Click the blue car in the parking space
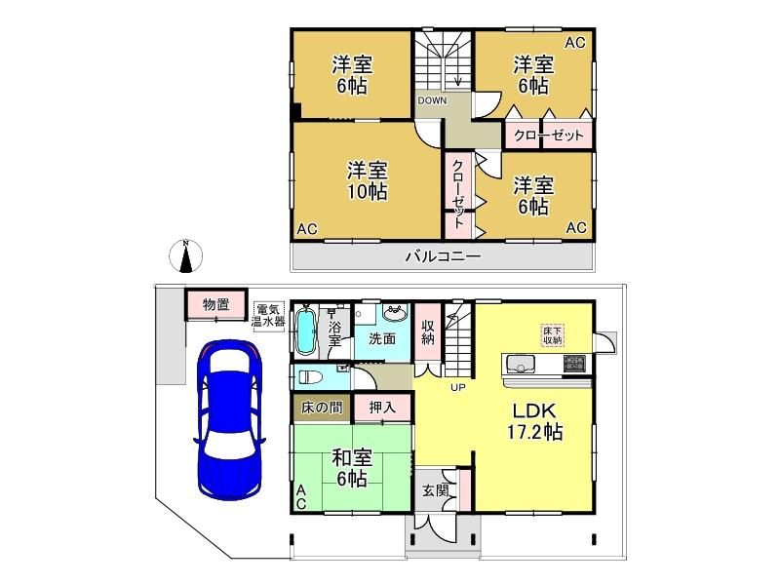click(x=229, y=419)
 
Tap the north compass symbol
click(x=185, y=256)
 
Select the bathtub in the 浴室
click(x=305, y=331)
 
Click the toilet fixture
click(x=309, y=376)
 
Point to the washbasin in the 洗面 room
click(x=396, y=313)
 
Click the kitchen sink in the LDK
click(x=521, y=365)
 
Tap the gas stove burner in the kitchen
click(x=574, y=363)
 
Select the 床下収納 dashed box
click(x=553, y=335)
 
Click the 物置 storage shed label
click(x=215, y=304)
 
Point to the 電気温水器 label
click(x=268, y=315)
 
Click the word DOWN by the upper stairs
click(x=432, y=100)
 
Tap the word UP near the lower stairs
click(x=458, y=386)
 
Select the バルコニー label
click(x=444, y=256)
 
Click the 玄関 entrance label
click(x=436, y=490)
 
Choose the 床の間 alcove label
click(x=322, y=408)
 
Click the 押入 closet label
click(x=382, y=408)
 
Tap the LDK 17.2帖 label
click(x=534, y=422)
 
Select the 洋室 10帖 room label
click(x=368, y=180)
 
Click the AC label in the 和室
click(x=301, y=497)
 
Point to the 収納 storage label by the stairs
click(x=428, y=332)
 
